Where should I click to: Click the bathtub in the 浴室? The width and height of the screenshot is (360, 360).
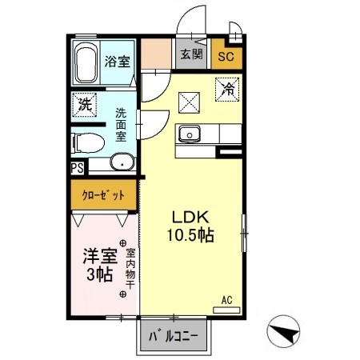coord(86,62)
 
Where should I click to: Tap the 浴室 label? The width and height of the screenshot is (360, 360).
coord(117,62)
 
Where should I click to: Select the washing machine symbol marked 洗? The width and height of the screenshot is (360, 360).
coord(84,104)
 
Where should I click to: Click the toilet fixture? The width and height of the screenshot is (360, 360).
coord(88,143)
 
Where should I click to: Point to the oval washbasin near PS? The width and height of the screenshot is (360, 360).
coord(122,162)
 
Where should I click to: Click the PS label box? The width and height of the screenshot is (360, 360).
coord(78,168)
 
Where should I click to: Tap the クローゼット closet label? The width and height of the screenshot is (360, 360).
coord(103,195)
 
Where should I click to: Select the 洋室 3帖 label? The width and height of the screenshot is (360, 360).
coord(99,265)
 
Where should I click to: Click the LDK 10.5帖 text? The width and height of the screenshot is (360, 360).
coord(190,226)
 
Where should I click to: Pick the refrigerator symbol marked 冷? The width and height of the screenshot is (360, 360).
coord(227,90)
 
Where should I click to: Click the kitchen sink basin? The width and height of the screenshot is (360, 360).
coord(190,134)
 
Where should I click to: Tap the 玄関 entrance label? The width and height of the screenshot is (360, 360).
coord(191,54)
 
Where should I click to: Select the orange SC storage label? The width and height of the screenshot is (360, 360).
coord(226,57)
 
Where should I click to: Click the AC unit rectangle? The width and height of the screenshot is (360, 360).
coord(226,310)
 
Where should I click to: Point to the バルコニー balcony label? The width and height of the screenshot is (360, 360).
coord(174,337)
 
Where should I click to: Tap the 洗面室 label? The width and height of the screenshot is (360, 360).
coord(121,125)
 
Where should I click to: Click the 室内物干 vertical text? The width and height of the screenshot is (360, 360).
coord(130,269)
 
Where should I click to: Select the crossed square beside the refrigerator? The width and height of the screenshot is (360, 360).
coord(189,102)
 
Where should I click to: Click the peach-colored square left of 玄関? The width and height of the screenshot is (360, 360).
coord(156,54)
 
